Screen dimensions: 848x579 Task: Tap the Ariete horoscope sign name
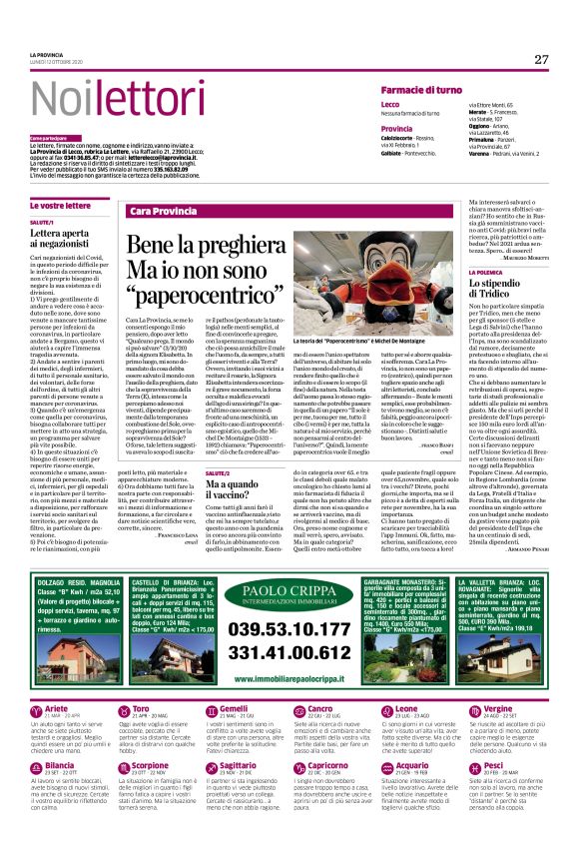[x=60, y=708]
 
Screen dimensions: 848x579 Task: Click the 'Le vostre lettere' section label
[x=60, y=205]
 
